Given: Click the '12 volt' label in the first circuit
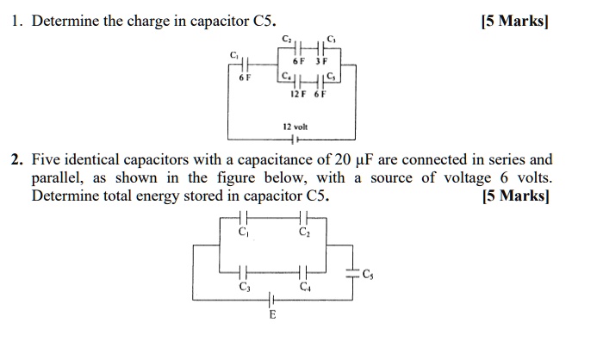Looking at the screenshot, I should pos(295,126).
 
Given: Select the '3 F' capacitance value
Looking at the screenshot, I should pos(320,62).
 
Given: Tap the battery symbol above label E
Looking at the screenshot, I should pos(272,300).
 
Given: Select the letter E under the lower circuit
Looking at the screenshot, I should pos(272,316).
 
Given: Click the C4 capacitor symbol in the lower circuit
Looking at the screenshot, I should pos(303,274).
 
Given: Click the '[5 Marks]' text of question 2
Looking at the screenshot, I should pos(515,196).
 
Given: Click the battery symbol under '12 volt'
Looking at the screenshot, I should pos(295,139).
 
